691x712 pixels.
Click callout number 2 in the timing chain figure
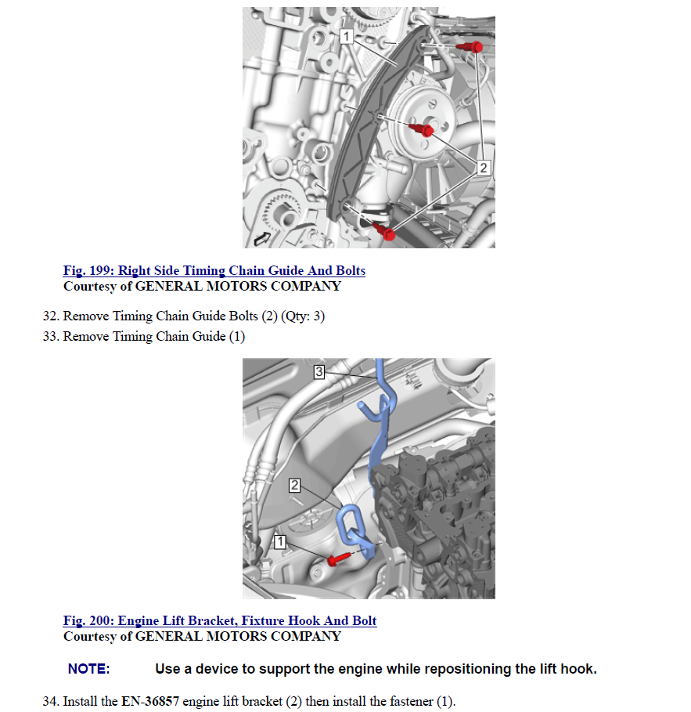pos(483,167)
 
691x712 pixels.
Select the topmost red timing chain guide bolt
pos(475,47)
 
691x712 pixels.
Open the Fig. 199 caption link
pos(214,271)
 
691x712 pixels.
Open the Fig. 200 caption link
pos(220,621)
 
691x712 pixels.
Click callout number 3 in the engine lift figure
pos(319,371)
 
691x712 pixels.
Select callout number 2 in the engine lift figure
pos(295,486)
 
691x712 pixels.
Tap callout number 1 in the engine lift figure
pos(279,540)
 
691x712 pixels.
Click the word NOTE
pos(88,670)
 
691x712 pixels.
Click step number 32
pos(50,317)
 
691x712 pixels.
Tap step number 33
pos(50,337)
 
